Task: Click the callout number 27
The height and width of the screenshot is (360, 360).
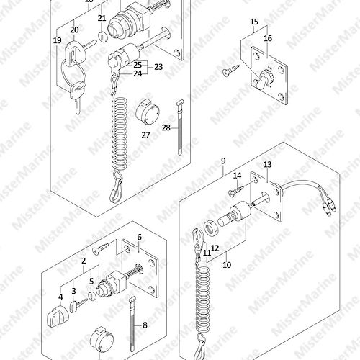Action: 145,135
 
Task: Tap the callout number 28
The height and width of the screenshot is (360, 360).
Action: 166,127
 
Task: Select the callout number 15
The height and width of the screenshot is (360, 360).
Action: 254,22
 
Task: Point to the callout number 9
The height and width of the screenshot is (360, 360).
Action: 223,161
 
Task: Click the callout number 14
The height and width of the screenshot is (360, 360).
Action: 237,176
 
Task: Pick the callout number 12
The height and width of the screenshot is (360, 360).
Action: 215,248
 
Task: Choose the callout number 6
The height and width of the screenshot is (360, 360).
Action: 140,237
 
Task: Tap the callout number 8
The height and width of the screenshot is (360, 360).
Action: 145,325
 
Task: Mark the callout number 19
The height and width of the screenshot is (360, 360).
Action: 58,40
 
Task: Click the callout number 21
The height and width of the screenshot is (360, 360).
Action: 102,18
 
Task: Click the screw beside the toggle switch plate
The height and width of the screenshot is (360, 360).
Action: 231,70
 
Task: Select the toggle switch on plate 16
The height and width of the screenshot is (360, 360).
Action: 264,78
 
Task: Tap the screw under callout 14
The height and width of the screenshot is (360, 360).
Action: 236,192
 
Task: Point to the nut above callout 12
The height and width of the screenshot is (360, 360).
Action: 211,228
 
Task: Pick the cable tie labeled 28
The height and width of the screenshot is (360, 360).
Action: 180,127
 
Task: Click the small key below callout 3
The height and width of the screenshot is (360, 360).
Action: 78,305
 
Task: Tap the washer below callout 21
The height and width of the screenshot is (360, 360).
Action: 102,36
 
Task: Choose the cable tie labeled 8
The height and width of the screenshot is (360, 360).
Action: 132,325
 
